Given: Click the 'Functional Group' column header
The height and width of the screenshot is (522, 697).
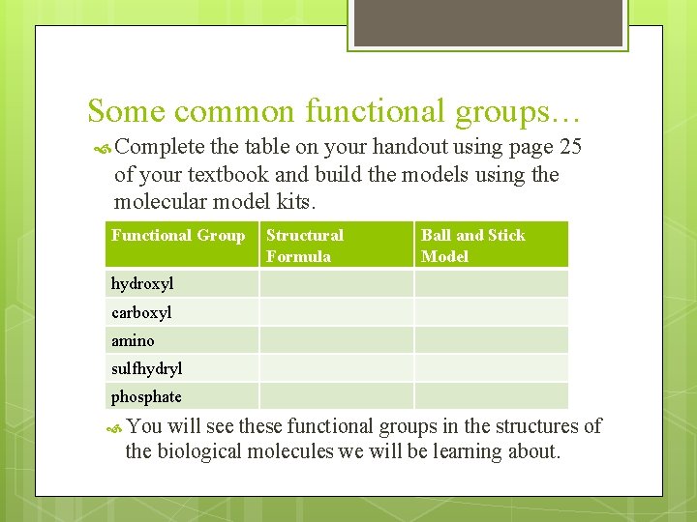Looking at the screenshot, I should tap(178, 235).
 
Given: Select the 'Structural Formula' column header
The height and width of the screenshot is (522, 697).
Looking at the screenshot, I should tap(305, 246).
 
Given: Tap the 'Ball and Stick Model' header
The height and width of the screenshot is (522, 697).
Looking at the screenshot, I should tap(473, 246).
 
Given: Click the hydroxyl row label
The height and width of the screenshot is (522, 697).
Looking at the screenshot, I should tap(142, 284).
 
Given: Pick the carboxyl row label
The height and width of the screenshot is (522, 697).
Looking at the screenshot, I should tap(141, 312).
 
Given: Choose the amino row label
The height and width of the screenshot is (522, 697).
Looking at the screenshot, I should tap(133, 340).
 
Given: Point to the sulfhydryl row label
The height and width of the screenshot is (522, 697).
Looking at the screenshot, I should tap(146, 368).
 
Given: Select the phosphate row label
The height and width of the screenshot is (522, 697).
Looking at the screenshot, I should tap(146, 396).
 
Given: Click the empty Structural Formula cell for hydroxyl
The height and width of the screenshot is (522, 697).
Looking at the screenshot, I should tap(336, 283).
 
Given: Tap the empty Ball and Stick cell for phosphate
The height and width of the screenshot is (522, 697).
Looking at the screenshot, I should tap(491, 395).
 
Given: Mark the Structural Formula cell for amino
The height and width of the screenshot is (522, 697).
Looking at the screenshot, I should tap(336, 339).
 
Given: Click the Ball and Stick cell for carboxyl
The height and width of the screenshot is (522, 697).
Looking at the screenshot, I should tap(491, 311).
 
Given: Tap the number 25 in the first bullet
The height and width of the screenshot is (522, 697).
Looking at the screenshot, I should tap(571, 149).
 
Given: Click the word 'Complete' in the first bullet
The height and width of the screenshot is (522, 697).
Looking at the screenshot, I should tap(160, 149).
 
